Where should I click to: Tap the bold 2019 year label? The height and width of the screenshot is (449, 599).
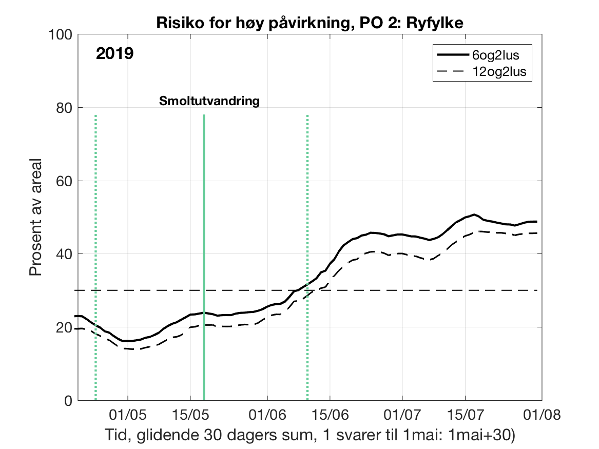[x=114, y=53]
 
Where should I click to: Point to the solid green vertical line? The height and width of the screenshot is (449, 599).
[x=204, y=257]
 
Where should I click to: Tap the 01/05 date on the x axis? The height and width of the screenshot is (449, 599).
[x=127, y=414]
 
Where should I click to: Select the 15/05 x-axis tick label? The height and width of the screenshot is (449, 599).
[x=190, y=414]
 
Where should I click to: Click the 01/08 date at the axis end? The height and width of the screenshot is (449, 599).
[x=541, y=414]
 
